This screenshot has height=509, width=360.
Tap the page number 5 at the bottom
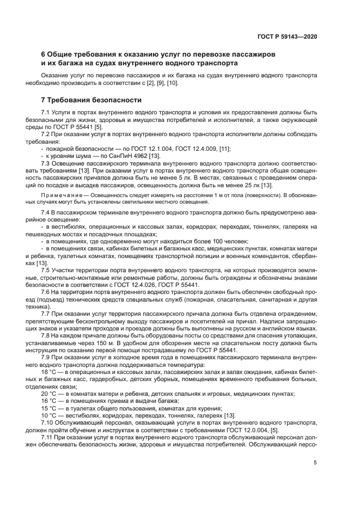(315, 463)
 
